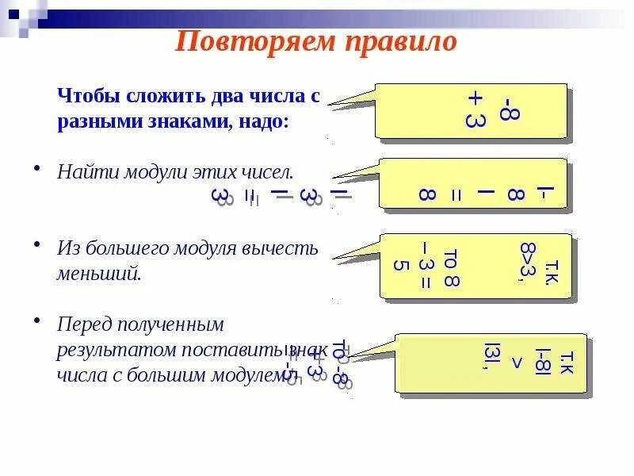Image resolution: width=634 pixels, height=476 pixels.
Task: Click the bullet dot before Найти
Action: coord(36,169)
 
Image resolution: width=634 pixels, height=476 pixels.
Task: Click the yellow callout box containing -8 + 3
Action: coord(472,112)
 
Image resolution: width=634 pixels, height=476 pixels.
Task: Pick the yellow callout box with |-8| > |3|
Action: coord(491,362)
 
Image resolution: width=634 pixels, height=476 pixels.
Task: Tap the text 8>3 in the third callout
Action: coord(527,259)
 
